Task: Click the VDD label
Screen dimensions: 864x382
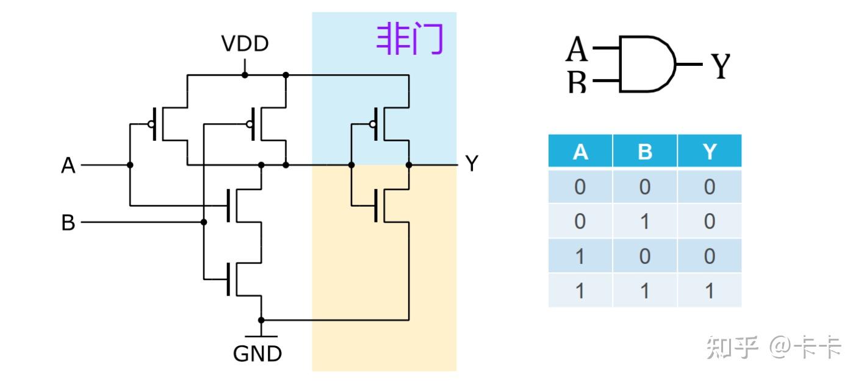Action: [x=245, y=43]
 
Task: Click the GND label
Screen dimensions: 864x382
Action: [x=257, y=353]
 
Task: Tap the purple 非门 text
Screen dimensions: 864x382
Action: [x=409, y=38]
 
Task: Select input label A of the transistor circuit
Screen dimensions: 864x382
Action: [x=68, y=165]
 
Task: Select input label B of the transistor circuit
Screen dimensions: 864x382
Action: [x=68, y=222]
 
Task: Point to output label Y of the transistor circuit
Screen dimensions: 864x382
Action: [x=472, y=163]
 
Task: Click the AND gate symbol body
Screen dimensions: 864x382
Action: [x=647, y=64]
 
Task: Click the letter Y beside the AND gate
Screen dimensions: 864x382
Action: [x=721, y=66]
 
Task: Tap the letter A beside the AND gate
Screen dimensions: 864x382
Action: [x=577, y=49]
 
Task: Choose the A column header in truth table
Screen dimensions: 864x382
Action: [x=580, y=151]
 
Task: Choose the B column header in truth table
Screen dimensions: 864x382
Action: [x=645, y=151]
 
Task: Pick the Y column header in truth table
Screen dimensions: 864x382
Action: [x=710, y=151]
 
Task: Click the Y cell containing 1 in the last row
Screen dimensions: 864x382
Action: [x=710, y=291]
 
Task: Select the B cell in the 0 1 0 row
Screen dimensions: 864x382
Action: [x=645, y=221]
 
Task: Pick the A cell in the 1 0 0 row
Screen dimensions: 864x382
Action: [x=580, y=256]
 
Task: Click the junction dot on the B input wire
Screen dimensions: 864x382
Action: [x=204, y=222]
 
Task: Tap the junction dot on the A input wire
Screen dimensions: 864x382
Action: [x=130, y=165]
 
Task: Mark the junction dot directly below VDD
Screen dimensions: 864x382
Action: [x=245, y=75]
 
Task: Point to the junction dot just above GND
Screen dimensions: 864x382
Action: [x=261, y=320]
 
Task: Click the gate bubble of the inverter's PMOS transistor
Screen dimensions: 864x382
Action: [x=373, y=124]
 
